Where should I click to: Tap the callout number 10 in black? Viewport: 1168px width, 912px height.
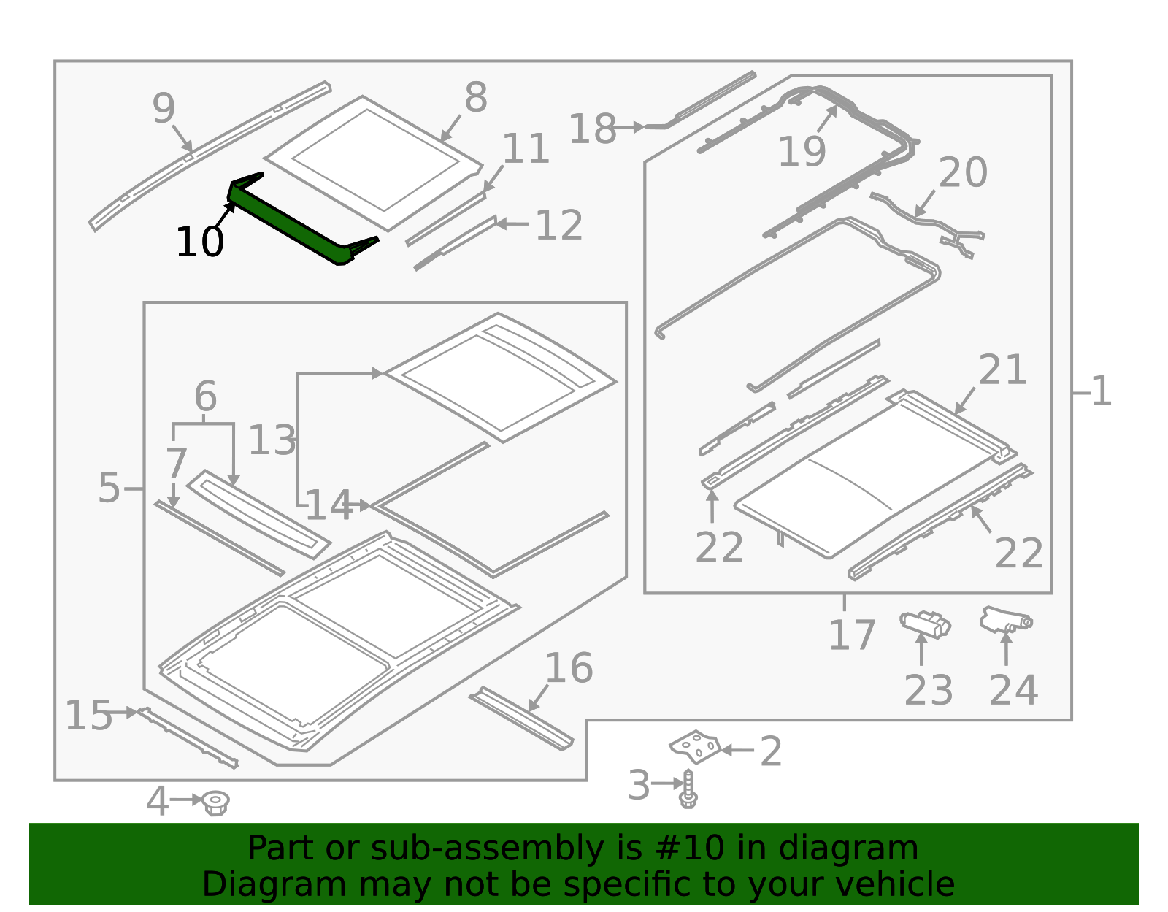pos(199,242)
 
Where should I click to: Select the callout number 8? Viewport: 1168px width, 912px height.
pos(476,98)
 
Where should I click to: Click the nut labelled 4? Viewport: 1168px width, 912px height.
pos(215,802)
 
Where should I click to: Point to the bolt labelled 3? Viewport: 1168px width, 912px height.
pos(688,789)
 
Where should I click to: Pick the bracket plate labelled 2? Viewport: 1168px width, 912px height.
pos(696,746)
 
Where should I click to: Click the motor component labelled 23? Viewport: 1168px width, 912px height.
pos(925,624)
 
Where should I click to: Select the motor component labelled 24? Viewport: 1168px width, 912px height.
pos(1004,620)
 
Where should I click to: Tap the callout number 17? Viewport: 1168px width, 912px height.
pos(851,635)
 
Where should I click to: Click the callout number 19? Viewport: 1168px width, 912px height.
pos(802,152)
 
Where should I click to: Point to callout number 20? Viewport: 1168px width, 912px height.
pos(962,173)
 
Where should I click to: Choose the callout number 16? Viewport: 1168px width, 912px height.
pos(569,668)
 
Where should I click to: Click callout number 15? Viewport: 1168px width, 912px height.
pos(88,716)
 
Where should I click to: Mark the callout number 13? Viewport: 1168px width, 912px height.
pos(272,440)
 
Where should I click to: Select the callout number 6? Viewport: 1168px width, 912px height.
pos(205,397)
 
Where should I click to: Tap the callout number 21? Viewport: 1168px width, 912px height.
pos(1002,370)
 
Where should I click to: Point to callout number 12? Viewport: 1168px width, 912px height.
pos(558,226)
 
